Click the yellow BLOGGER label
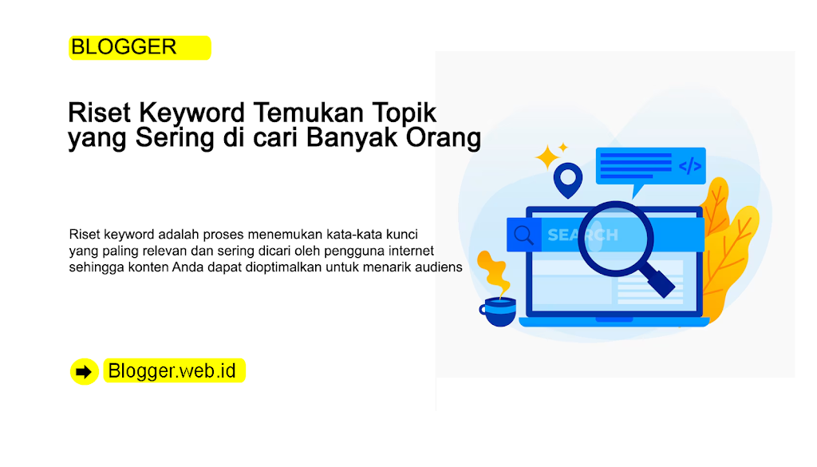click(x=140, y=47)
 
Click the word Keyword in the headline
click(x=191, y=113)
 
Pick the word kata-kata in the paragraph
click(x=354, y=234)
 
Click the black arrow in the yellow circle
click(x=83, y=372)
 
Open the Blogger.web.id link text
click(x=172, y=370)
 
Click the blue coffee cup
click(x=498, y=311)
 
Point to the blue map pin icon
click(x=567, y=180)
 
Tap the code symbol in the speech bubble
click(x=690, y=166)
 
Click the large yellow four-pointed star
click(x=547, y=157)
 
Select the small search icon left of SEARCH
click(x=523, y=235)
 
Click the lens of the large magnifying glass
click(x=616, y=238)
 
